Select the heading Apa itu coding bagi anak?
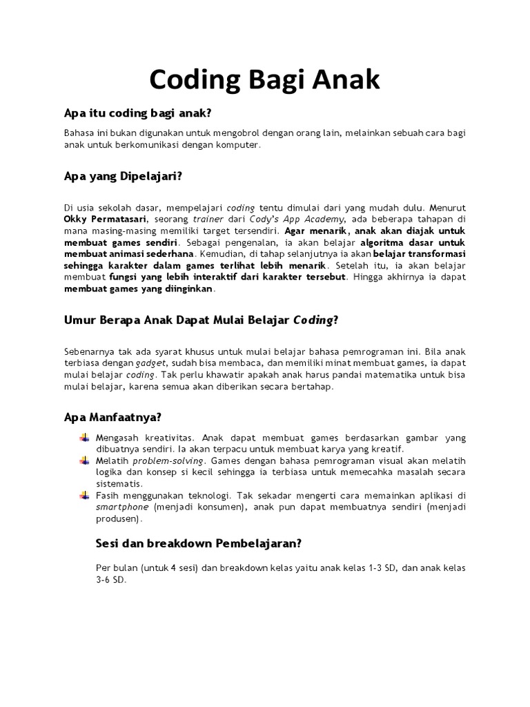[x=137, y=113]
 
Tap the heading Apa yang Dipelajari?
[x=123, y=176]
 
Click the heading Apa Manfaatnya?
[x=112, y=417]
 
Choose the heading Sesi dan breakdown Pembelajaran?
[x=199, y=543]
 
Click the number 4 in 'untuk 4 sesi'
[x=174, y=568]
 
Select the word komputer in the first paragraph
[x=238, y=144]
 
